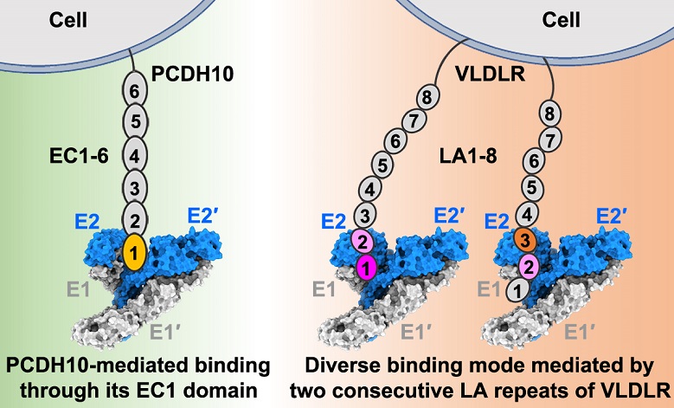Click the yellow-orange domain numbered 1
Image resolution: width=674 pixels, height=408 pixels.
point(133,255)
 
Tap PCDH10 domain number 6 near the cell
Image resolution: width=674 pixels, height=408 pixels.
point(132,89)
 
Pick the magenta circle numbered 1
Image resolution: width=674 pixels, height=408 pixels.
point(367,269)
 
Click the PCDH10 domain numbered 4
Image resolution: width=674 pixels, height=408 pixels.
point(132,156)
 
